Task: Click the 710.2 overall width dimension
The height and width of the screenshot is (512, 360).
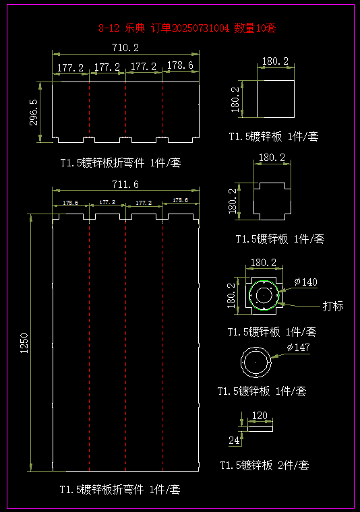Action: click(125, 48)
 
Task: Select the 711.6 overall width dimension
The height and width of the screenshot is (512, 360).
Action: click(125, 185)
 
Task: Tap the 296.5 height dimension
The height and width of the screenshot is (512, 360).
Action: click(34, 113)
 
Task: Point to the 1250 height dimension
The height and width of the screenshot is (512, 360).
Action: click(24, 343)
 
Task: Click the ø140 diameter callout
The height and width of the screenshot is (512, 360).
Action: click(306, 282)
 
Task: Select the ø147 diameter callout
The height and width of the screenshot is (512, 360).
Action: click(298, 347)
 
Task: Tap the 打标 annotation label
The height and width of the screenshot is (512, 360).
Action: click(333, 306)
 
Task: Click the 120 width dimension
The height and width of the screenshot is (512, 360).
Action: click(260, 416)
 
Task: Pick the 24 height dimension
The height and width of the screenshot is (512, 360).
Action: click(234, 441)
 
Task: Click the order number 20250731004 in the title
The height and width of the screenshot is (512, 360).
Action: click(201, 28)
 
